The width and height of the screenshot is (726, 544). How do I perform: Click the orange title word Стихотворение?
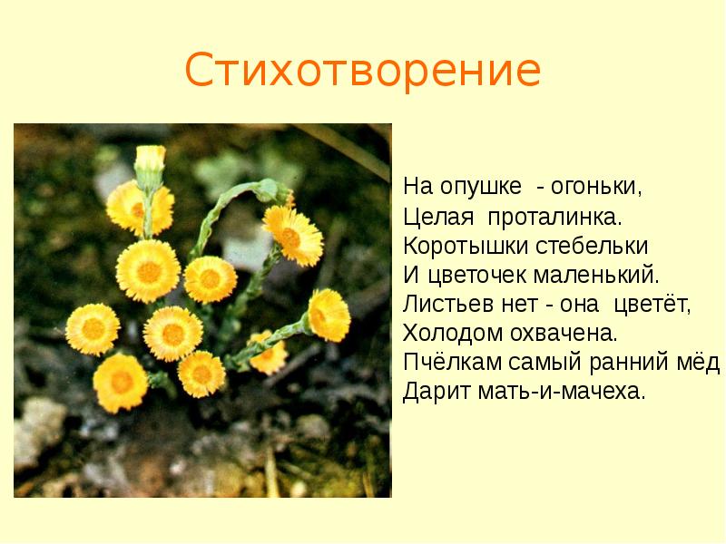coord(362,70)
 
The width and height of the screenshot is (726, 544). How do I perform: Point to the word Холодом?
coord(445,334)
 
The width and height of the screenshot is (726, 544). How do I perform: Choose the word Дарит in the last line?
coord(431,392)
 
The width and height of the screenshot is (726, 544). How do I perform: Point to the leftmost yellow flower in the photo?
coord(93,328)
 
